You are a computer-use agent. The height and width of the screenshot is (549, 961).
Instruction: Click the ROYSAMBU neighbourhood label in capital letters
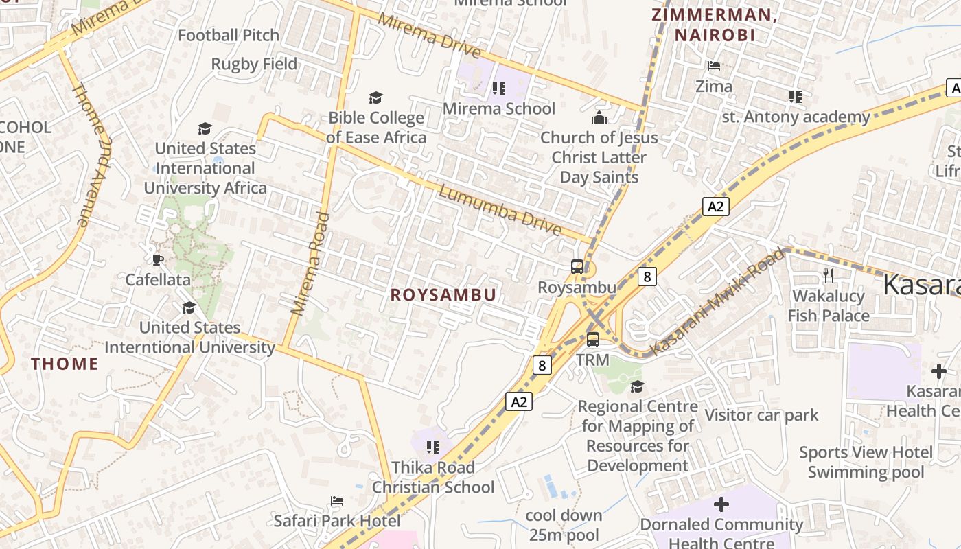(443, 295)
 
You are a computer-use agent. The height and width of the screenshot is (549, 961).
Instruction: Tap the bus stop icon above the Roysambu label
(577, 267)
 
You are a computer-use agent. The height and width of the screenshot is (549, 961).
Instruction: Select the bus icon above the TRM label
(593, 339)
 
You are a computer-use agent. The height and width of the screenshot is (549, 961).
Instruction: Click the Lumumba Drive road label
(500, 211)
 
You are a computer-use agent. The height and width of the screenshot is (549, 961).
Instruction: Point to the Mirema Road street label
(310, 264)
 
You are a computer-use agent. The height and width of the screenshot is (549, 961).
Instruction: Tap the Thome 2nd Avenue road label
(91, 154)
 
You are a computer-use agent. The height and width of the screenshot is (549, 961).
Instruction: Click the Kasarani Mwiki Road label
(717, 303)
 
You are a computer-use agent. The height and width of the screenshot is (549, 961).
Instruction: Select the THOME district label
(65, 364)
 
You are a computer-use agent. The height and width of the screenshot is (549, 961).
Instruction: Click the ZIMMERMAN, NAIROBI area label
(714, 25)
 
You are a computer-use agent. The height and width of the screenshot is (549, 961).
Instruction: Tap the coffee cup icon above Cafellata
(158, 259)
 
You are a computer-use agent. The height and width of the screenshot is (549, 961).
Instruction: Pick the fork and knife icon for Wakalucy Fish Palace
(829, 276)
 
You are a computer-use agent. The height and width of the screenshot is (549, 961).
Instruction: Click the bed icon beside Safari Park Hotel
(337, 501)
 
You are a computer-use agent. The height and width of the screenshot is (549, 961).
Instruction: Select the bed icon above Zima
(714, 66)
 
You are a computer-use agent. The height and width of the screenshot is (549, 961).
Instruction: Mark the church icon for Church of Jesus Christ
(599, 117)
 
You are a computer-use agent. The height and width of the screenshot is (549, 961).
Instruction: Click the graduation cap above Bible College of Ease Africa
(375, 97)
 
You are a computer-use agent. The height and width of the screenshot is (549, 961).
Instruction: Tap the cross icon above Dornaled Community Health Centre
(721, 505)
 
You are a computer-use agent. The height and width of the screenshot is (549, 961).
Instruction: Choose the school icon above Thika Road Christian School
(433, 447)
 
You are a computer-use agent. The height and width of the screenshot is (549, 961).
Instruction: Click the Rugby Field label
(254, 64)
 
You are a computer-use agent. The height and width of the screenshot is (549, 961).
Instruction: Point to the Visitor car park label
(761, 415)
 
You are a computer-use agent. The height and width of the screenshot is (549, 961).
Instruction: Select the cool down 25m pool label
(564, 525)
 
